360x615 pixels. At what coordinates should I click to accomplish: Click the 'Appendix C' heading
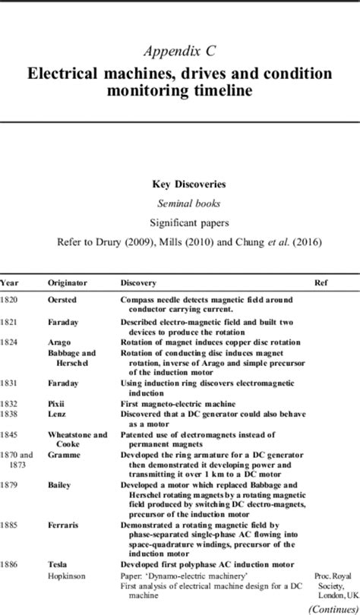pos(180,51)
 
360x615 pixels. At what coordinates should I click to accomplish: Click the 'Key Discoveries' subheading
pos(180,184)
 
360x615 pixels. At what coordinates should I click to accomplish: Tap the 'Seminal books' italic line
pos(180,204)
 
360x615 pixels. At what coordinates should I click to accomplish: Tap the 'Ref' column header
pos(321,282)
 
